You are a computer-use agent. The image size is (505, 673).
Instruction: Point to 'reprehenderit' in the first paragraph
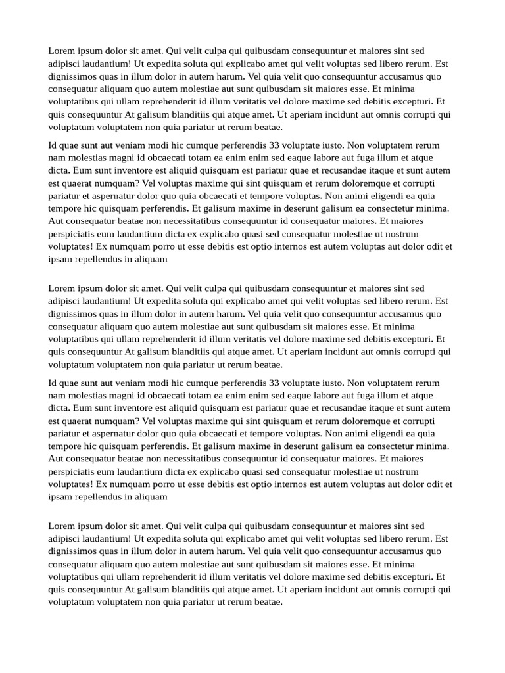click(161, 102)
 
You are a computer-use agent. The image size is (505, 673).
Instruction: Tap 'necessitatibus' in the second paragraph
click(191, 221)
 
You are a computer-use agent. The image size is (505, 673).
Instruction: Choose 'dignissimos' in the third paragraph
click(73, 313)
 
